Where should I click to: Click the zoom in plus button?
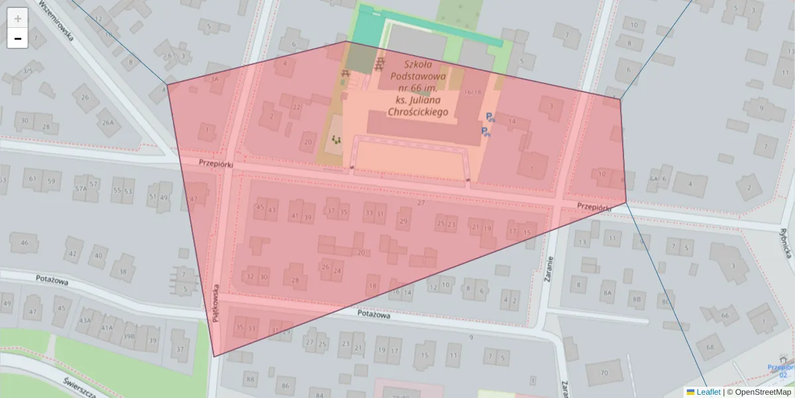click(x=17, y=18)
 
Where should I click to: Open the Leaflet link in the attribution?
click(x=708, y=392)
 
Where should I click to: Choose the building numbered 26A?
click(x=108, y=122)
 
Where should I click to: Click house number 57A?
click(x=81, y=188)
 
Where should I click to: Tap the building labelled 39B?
click(x=129, y=336)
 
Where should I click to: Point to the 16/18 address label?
click(x=473, y=92)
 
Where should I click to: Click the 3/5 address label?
click(x=27, y=71)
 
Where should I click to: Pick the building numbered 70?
click(x=604, y=373)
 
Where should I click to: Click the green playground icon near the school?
click(x=337, y=139)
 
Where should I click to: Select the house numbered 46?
click(x=25, y=243)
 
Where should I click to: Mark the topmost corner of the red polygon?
click(x=346, y=41)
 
